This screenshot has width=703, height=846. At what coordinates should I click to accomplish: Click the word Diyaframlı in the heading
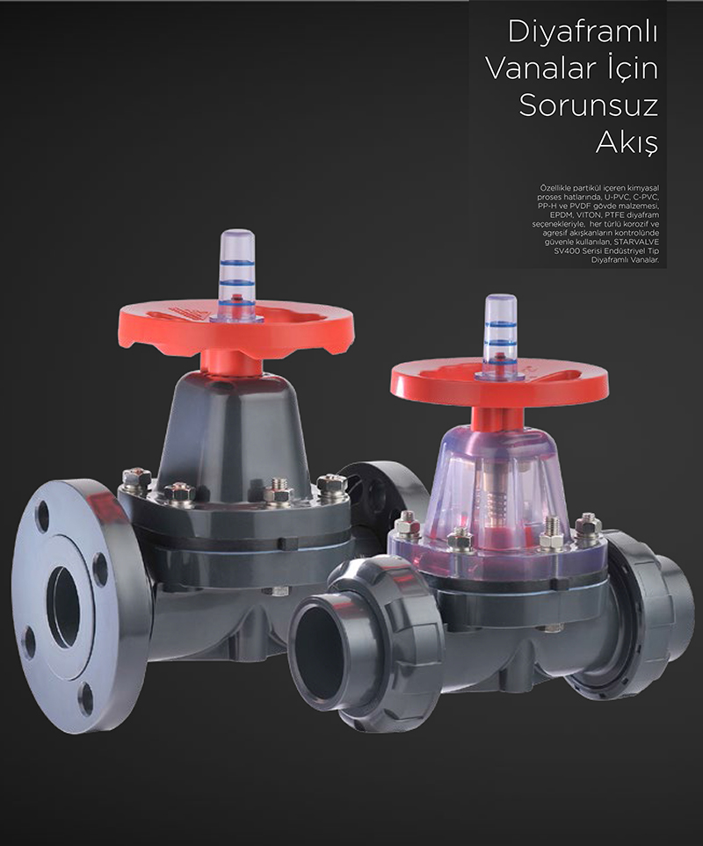pyautogui.click(x=583, y=33)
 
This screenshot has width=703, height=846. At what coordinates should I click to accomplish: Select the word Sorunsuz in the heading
pyautogui.click(x=588, y=105)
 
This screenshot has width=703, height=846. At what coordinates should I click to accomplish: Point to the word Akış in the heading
pyautogui.click(x=627, y=142)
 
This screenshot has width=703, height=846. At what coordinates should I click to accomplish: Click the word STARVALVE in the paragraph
pyautogui.click(x=636, y=242)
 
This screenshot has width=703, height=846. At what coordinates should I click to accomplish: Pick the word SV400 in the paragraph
pyautogui.click(x=564, y=251)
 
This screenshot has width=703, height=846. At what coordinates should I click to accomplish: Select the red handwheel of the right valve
pyautogui.click(x=499, y=384)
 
